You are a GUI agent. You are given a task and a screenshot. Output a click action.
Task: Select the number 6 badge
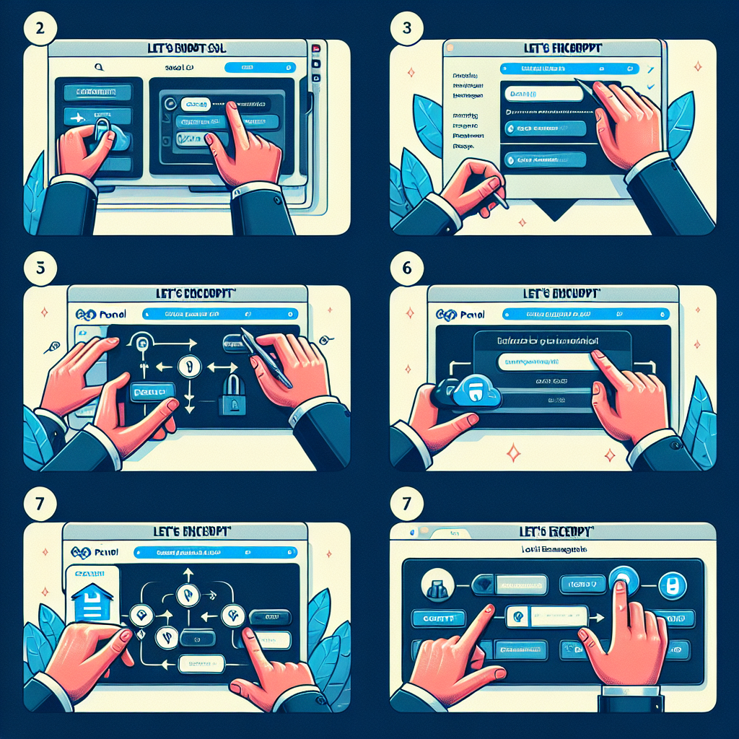(404, 266)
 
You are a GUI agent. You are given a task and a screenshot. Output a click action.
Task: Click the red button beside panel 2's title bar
(316, 48)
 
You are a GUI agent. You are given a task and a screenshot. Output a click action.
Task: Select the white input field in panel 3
(541, 93)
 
